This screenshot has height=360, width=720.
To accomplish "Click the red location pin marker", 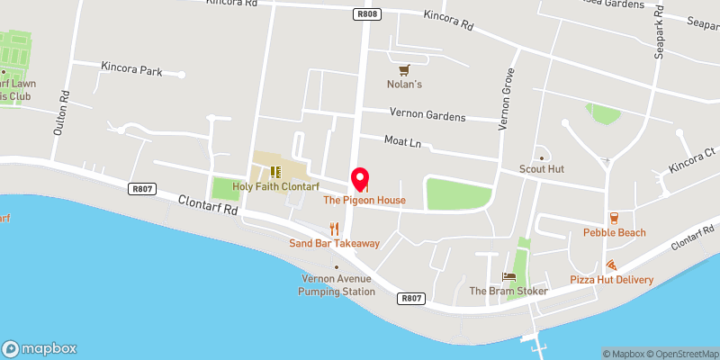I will pos(360,178).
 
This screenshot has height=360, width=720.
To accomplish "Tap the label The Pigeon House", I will pos(364,200).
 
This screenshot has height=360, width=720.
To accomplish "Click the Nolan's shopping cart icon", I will pos(405,69).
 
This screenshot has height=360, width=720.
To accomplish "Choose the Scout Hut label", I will pos(541,168).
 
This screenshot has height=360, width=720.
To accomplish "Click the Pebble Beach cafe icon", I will pos(614,217).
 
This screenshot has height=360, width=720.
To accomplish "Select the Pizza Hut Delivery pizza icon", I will pos(611,265).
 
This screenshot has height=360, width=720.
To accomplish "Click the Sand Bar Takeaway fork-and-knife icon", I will pos(334,228).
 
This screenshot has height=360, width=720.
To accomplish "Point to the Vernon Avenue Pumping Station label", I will pos(337,284).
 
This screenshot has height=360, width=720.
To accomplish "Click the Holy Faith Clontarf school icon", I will pos(276,171).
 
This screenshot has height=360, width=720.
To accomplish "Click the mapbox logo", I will pos(40,348).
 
